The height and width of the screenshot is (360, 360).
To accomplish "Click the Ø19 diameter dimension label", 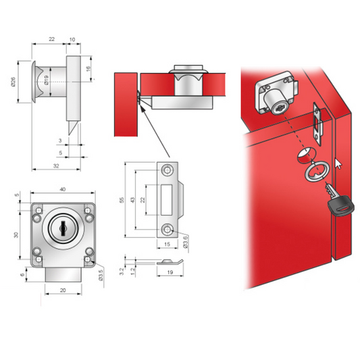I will pos(45,84).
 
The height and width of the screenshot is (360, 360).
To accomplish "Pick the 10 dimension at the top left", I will pos(72,40).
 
